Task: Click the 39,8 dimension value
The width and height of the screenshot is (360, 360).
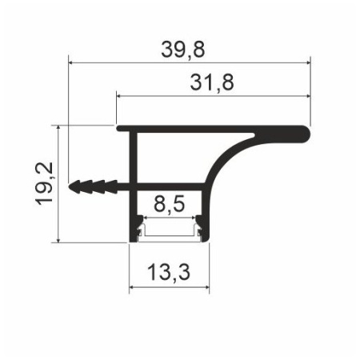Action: pyautogui.click(x=183, y=50)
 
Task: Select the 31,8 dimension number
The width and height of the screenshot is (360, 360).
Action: pyautogui.click(x=212, y=82)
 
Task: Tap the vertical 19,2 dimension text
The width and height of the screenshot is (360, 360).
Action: pyautogui.click(x=44, y=184)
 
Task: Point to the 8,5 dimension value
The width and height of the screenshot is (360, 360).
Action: pyautogui.click(x=169, y=204)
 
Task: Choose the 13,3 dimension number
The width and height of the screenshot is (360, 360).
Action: pyautogui.click(x=169, y=272)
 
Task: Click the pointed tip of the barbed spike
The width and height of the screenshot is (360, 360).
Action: pyautogui.click(x=69, y=186)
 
